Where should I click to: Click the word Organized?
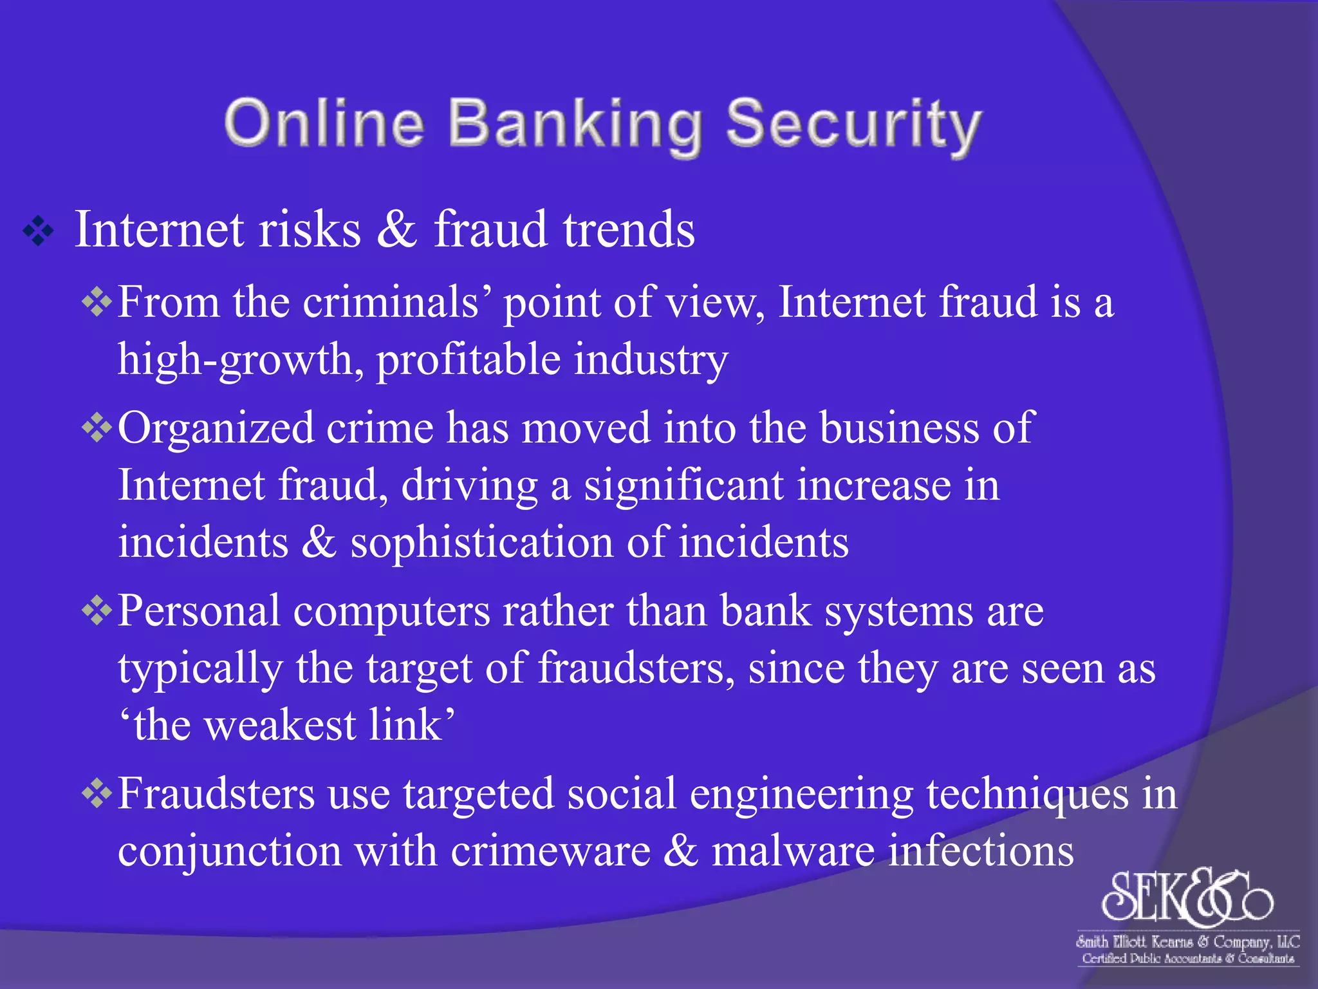tap(216, 428)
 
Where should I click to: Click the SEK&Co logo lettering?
tap(1188, 896)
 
